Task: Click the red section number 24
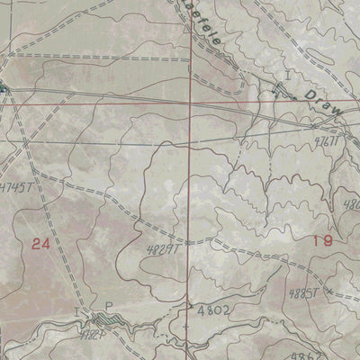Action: click(x=40, y=243)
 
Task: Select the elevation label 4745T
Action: click(x=22, y=188)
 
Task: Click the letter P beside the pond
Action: click(x=109, y=307)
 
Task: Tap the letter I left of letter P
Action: click(x=77, y=307)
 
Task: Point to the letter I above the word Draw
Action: click(x=288, y=73)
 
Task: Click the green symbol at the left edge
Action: click(x=4, y=88)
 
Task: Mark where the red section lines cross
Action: click(x=190, y=102)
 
